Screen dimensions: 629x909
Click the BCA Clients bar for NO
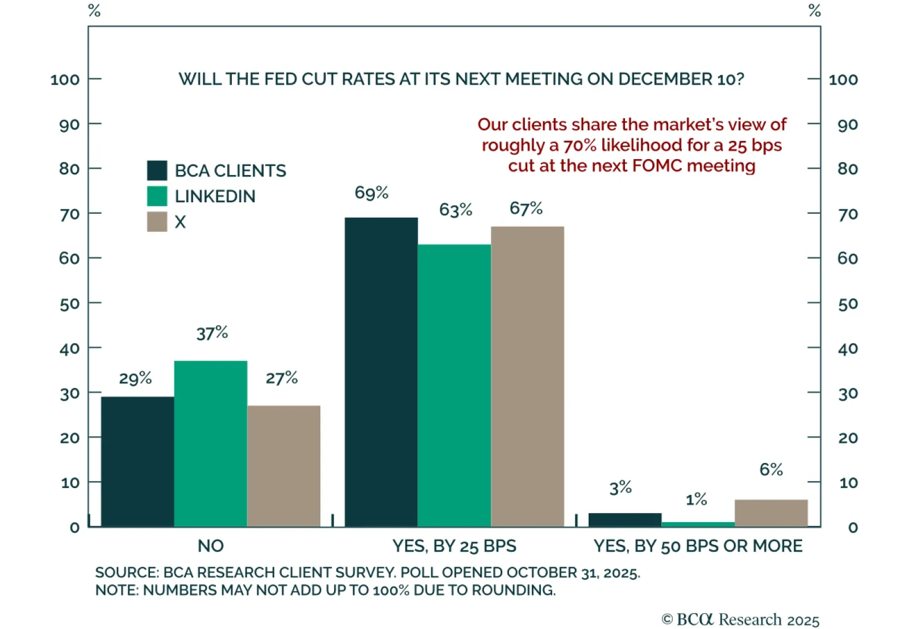tap(137, 461)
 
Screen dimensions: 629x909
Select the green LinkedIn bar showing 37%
tap(211, 443)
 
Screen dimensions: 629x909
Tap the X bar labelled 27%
tap(284, 466)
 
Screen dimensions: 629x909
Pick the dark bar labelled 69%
tap(381, 372)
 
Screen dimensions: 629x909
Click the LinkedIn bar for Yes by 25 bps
tap(454, 385)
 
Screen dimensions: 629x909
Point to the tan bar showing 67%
tap(528, 376)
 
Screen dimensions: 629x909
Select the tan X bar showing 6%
tap(771, 513)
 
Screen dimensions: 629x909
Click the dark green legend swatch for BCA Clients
tap(157, 170)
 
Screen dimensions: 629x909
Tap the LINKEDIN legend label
tap(215, 196)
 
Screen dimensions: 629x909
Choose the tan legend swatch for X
tap(157, 222)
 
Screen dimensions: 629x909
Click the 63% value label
tap(456, 210)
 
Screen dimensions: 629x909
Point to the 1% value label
tap(697, 499)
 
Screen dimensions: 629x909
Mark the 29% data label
tap(135, 378)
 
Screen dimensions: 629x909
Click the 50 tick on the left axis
tap(69, 304)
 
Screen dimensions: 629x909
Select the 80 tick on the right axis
tap(848, 169)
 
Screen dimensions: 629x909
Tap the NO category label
tap(211, 545)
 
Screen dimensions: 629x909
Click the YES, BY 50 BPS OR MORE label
tap(698, 545)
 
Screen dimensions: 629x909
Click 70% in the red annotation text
tap(580, 145)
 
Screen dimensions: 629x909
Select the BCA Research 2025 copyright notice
tap(740, 619)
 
